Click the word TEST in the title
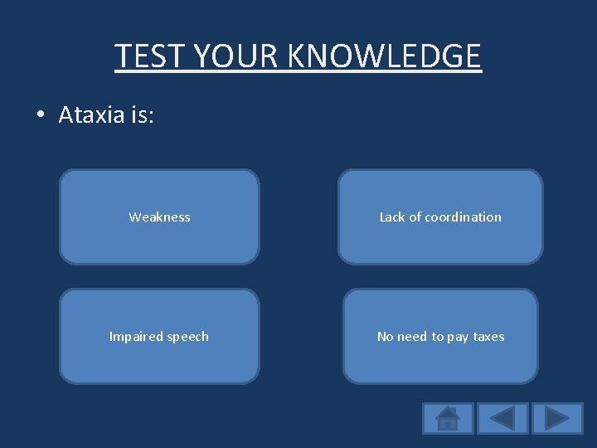148,56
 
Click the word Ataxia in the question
91,115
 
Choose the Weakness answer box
159,217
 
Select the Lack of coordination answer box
440,217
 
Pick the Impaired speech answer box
159,336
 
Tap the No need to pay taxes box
440,336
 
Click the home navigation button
448,417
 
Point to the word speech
188,337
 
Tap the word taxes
488,336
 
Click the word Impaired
136,337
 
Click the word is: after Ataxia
141,115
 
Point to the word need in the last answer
412,336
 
